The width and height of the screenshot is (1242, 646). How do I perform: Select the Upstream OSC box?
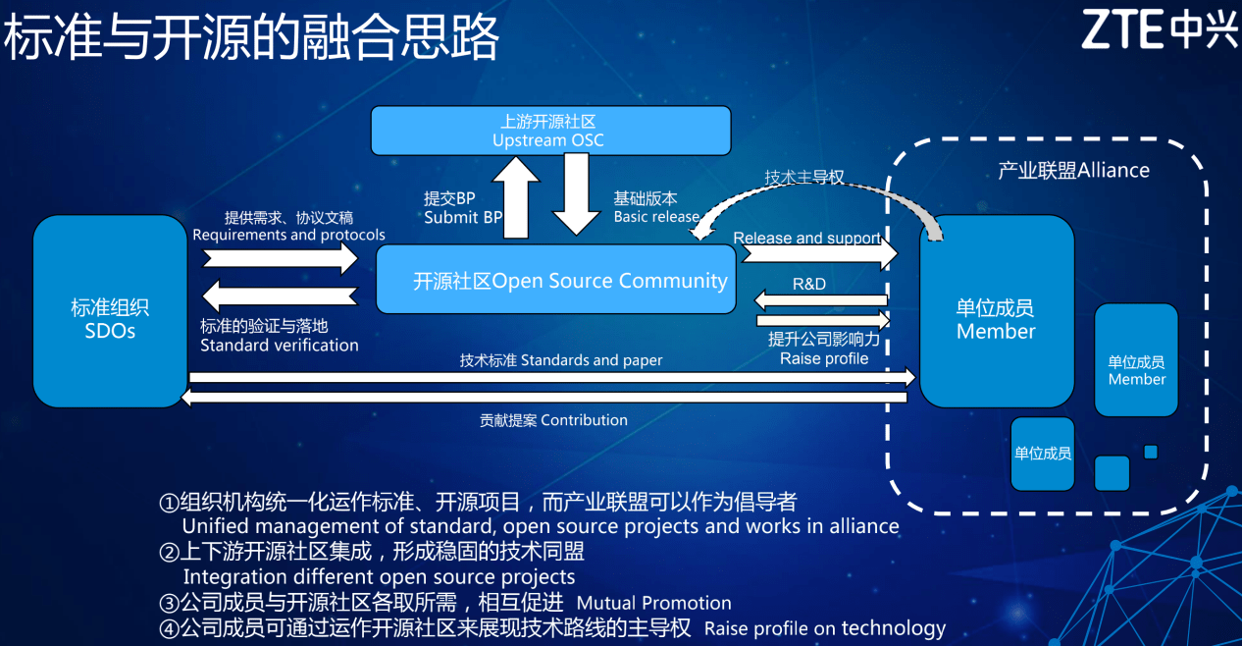(549, 131)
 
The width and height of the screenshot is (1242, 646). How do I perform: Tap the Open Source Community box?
(556, 280)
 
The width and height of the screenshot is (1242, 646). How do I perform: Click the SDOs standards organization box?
(110, 311)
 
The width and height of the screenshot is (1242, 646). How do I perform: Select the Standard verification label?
(280, 345)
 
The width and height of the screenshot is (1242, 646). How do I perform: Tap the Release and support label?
(806, 238)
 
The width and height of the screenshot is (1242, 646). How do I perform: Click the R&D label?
(809, 284)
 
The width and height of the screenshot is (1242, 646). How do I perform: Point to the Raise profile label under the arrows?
(824, 358)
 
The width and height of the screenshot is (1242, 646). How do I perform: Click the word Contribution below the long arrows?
(584, 419)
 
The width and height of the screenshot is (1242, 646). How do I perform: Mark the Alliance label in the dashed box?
(1073, 170)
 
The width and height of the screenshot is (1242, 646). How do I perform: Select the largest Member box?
(996, 311)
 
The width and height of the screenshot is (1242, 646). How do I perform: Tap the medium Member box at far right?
(1136, 360)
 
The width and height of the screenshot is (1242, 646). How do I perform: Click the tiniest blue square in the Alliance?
(1151, 452)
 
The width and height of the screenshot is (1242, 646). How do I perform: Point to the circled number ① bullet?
(169, 503)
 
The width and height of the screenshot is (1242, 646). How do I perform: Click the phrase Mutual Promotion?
(654, 603)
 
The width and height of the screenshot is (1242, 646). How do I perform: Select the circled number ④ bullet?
(169, 627)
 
